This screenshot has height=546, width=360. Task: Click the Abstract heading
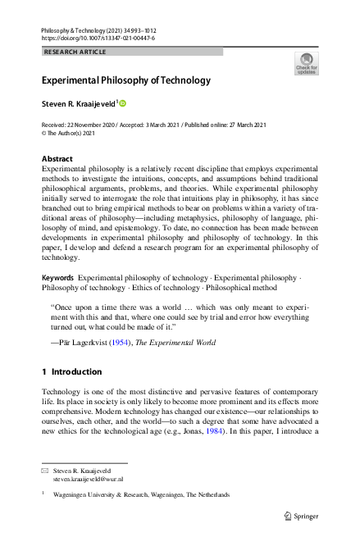pos(57,158)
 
